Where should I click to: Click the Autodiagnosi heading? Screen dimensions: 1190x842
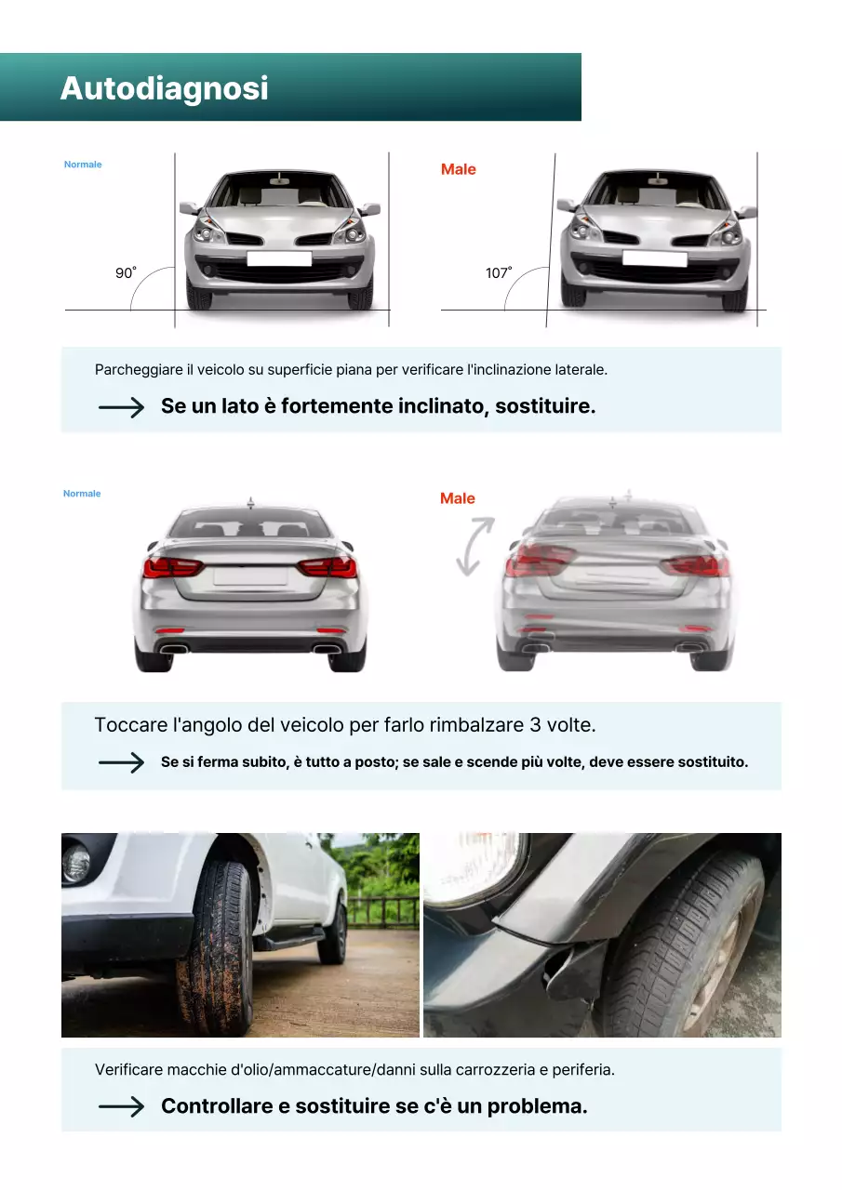click(x=164, y=88)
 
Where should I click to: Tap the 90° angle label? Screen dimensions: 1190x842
click(x=125, y=273)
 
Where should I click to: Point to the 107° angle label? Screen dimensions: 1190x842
click(x=499, y=273)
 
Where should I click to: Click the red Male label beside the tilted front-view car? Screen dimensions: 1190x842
click(x=458, y=169)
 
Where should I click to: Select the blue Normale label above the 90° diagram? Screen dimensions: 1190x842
click(x=83, y=165)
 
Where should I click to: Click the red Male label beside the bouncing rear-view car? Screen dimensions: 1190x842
click(x=457, y=498)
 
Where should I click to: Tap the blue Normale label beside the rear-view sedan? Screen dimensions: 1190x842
click(x=82, y=494)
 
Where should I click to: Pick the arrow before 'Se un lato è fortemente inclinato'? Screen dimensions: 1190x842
click(x=121, y=407)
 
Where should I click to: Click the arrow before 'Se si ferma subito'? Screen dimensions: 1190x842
click(x=121, y=762)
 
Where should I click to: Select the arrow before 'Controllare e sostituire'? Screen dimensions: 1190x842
click(x=121, y=1106)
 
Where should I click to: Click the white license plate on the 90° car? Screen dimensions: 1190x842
click(x=279, y=258)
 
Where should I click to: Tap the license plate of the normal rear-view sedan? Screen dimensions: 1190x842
click(x=250, y=576)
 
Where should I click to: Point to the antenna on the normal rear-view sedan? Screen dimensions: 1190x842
click(x=249, y=503)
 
